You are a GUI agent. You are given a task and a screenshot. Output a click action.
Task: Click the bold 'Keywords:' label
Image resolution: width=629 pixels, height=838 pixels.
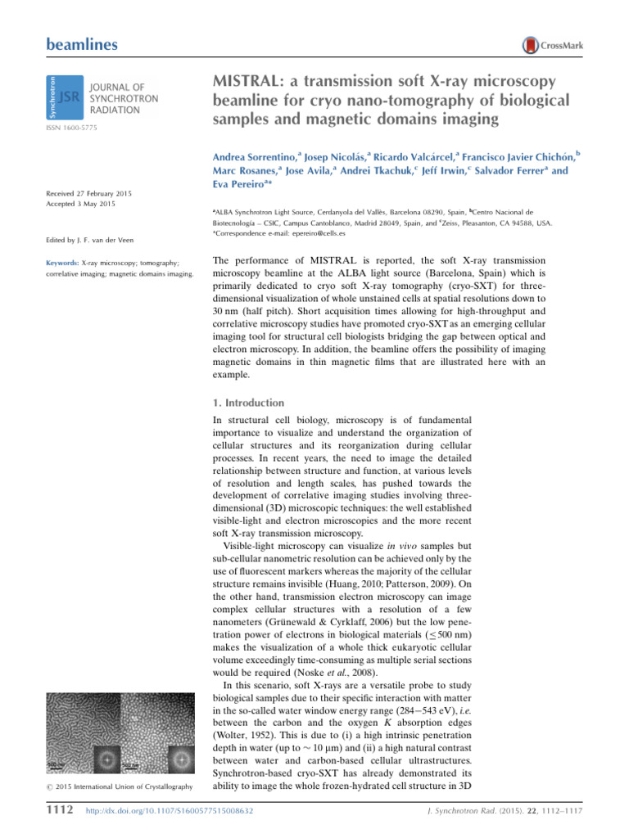[x=65, y=263]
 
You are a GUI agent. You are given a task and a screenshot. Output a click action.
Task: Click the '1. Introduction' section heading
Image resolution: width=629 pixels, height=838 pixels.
[x=248, y=403]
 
